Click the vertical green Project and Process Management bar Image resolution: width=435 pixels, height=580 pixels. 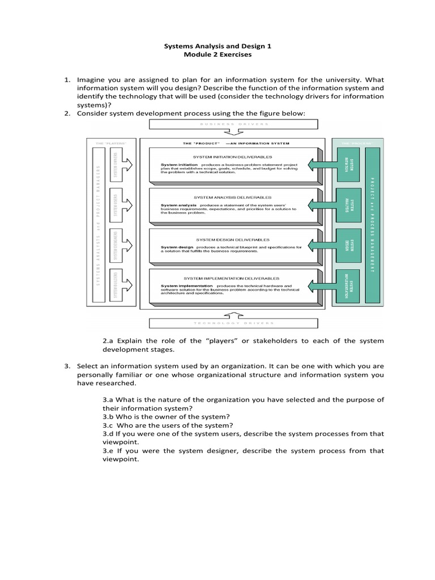pos(373,225)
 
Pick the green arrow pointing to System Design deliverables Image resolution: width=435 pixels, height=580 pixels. pos(322,246)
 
